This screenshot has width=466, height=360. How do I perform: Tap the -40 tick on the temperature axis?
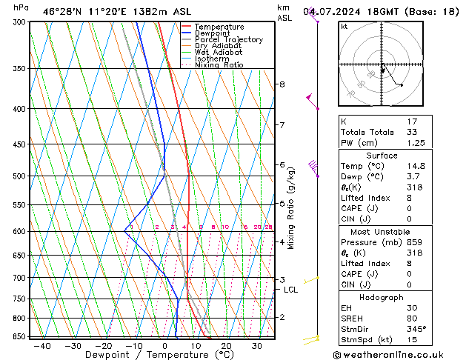tap(42, 346)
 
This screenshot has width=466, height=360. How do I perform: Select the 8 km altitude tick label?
tap(282, 84)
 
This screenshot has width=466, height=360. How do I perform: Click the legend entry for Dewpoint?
tap(213, 33)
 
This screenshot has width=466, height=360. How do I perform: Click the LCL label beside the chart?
tap(291, 290)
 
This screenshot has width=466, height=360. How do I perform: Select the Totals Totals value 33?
tap(412, 133)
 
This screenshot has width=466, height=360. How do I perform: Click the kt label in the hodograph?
tap(344, 27)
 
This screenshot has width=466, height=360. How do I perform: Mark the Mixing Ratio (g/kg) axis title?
tap(291, 208)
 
